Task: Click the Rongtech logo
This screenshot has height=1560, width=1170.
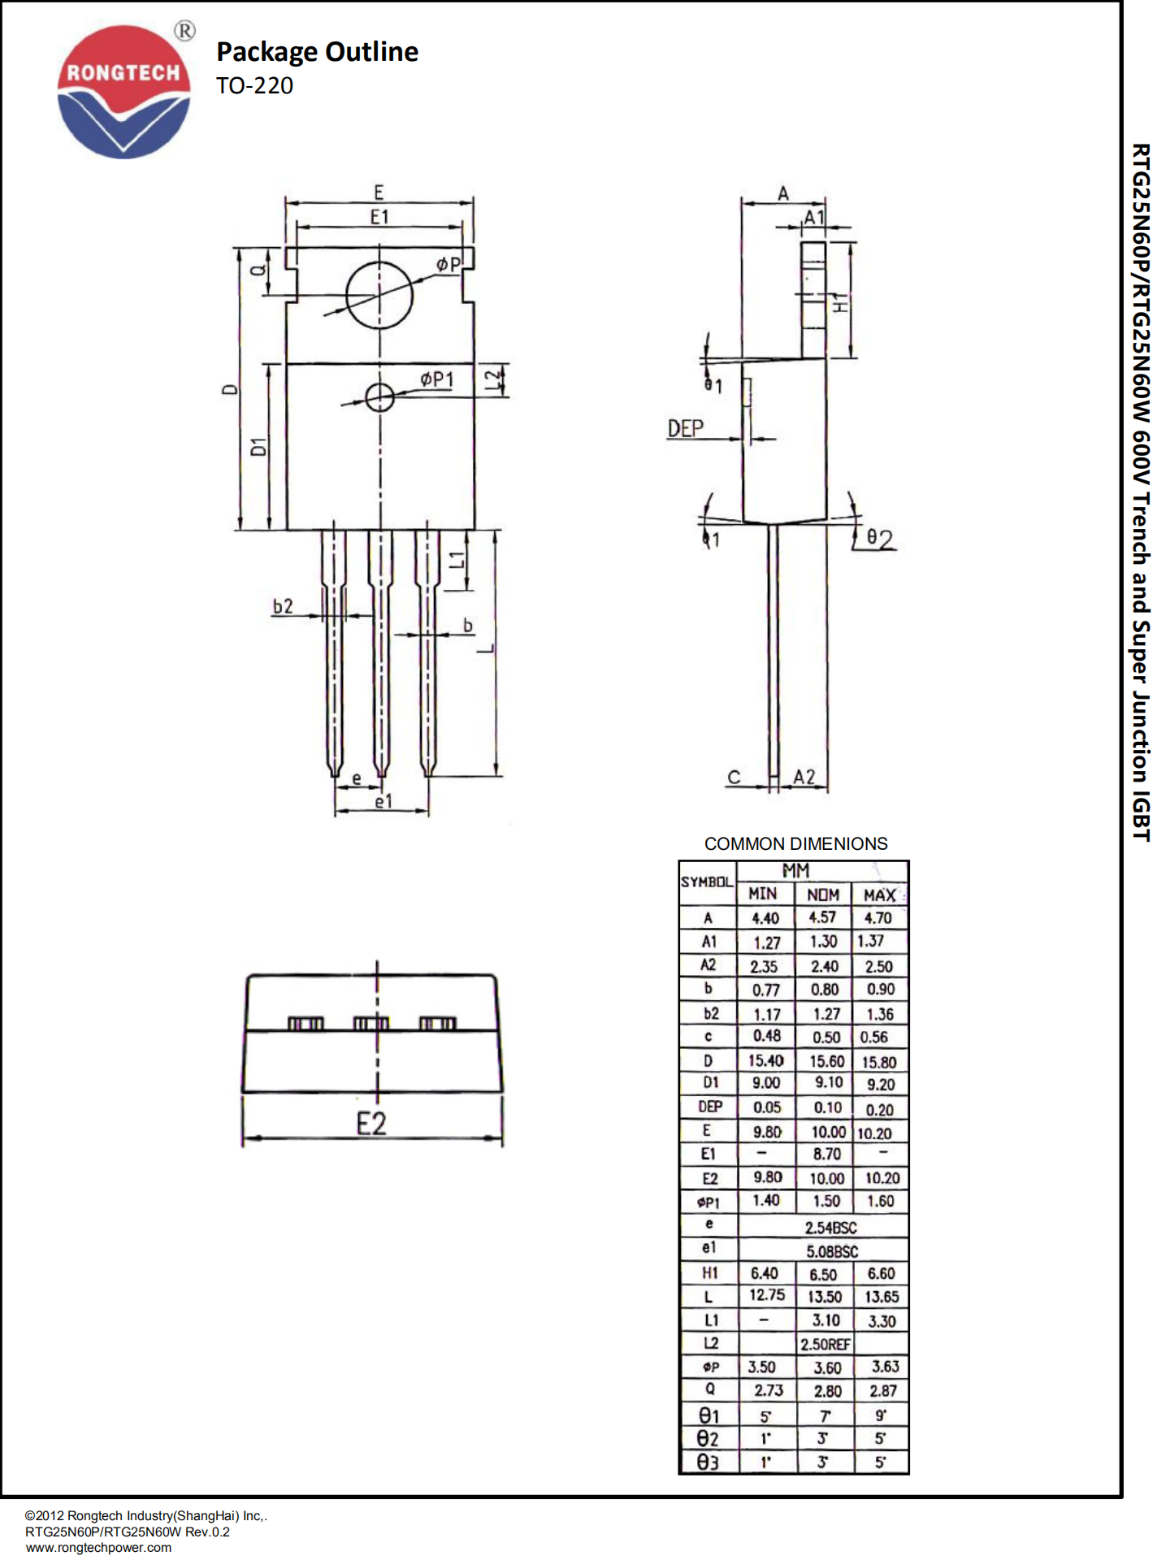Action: (x=123, y=91)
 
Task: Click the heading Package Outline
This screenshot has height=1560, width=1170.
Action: (x=317, y=52)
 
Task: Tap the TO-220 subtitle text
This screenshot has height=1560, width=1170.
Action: (x=254, y=85)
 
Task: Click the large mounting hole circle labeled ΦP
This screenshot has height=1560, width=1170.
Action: (x=379, y=295)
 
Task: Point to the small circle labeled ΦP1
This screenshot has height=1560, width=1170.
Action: (x=379, y=397)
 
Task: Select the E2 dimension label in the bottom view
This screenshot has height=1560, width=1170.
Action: (x=371, y=1124)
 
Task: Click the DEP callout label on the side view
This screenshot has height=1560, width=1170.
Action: (x=685, y=428)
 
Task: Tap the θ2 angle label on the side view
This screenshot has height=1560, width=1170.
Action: (x=879, y=539)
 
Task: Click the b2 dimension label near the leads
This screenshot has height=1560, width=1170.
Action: (x=283, y=606)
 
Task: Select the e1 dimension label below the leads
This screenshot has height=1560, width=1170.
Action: (x=383, y=802)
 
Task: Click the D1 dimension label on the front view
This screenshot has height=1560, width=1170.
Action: (x=258, y=446)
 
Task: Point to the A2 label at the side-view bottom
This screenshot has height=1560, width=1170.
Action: (x=804, y=777)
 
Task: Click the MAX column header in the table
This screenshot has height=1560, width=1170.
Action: (x=879, y=895)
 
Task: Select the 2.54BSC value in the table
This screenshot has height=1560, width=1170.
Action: (x=830, y=1227)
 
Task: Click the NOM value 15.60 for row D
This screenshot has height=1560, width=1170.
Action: (x=826, y=1061)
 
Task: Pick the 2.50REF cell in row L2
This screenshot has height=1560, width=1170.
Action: (x=825, y=1345)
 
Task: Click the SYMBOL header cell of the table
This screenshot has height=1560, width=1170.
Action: (x=707, y=882)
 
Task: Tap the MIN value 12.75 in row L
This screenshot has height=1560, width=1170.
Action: (x=766, y=1295)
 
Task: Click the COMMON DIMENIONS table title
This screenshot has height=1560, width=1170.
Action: (x=795, y=843)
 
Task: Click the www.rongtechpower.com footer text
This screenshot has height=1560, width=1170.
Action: (x=98, y=1547)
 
